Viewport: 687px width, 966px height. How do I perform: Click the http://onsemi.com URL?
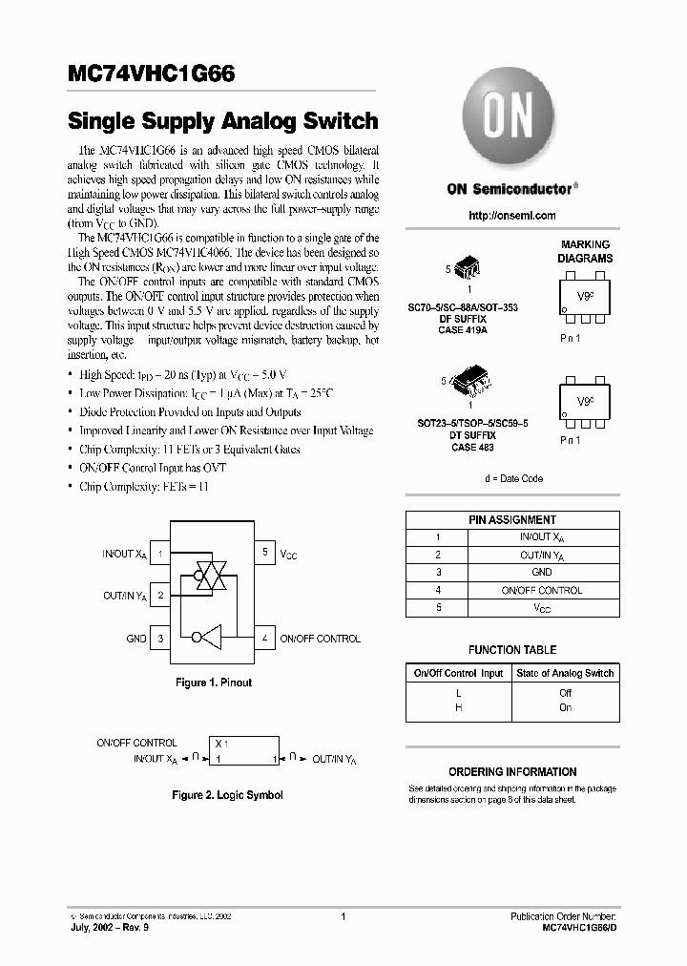pos(511,216)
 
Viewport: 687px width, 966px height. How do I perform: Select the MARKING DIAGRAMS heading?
pos(585,252)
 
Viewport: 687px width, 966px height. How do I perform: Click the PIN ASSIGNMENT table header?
pos(511,520)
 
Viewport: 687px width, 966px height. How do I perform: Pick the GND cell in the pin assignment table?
pos(542,572)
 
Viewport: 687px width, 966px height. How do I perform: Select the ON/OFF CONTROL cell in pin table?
pos(542,590)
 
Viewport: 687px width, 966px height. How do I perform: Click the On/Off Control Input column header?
pos(458,673)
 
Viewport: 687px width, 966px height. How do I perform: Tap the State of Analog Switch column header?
pos(565,673)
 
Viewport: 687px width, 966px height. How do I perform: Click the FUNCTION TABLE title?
pos(511,650)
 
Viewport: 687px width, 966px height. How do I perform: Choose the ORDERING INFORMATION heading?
pos(511,772)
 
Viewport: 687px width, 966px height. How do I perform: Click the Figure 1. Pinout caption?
pos(214,683)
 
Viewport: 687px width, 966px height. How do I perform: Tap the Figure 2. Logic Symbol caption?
pos(227,795)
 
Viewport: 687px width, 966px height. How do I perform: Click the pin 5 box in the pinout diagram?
pos(264,553)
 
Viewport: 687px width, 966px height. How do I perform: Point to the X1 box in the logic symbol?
pos(244,750)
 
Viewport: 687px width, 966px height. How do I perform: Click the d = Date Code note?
pos(512,478)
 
